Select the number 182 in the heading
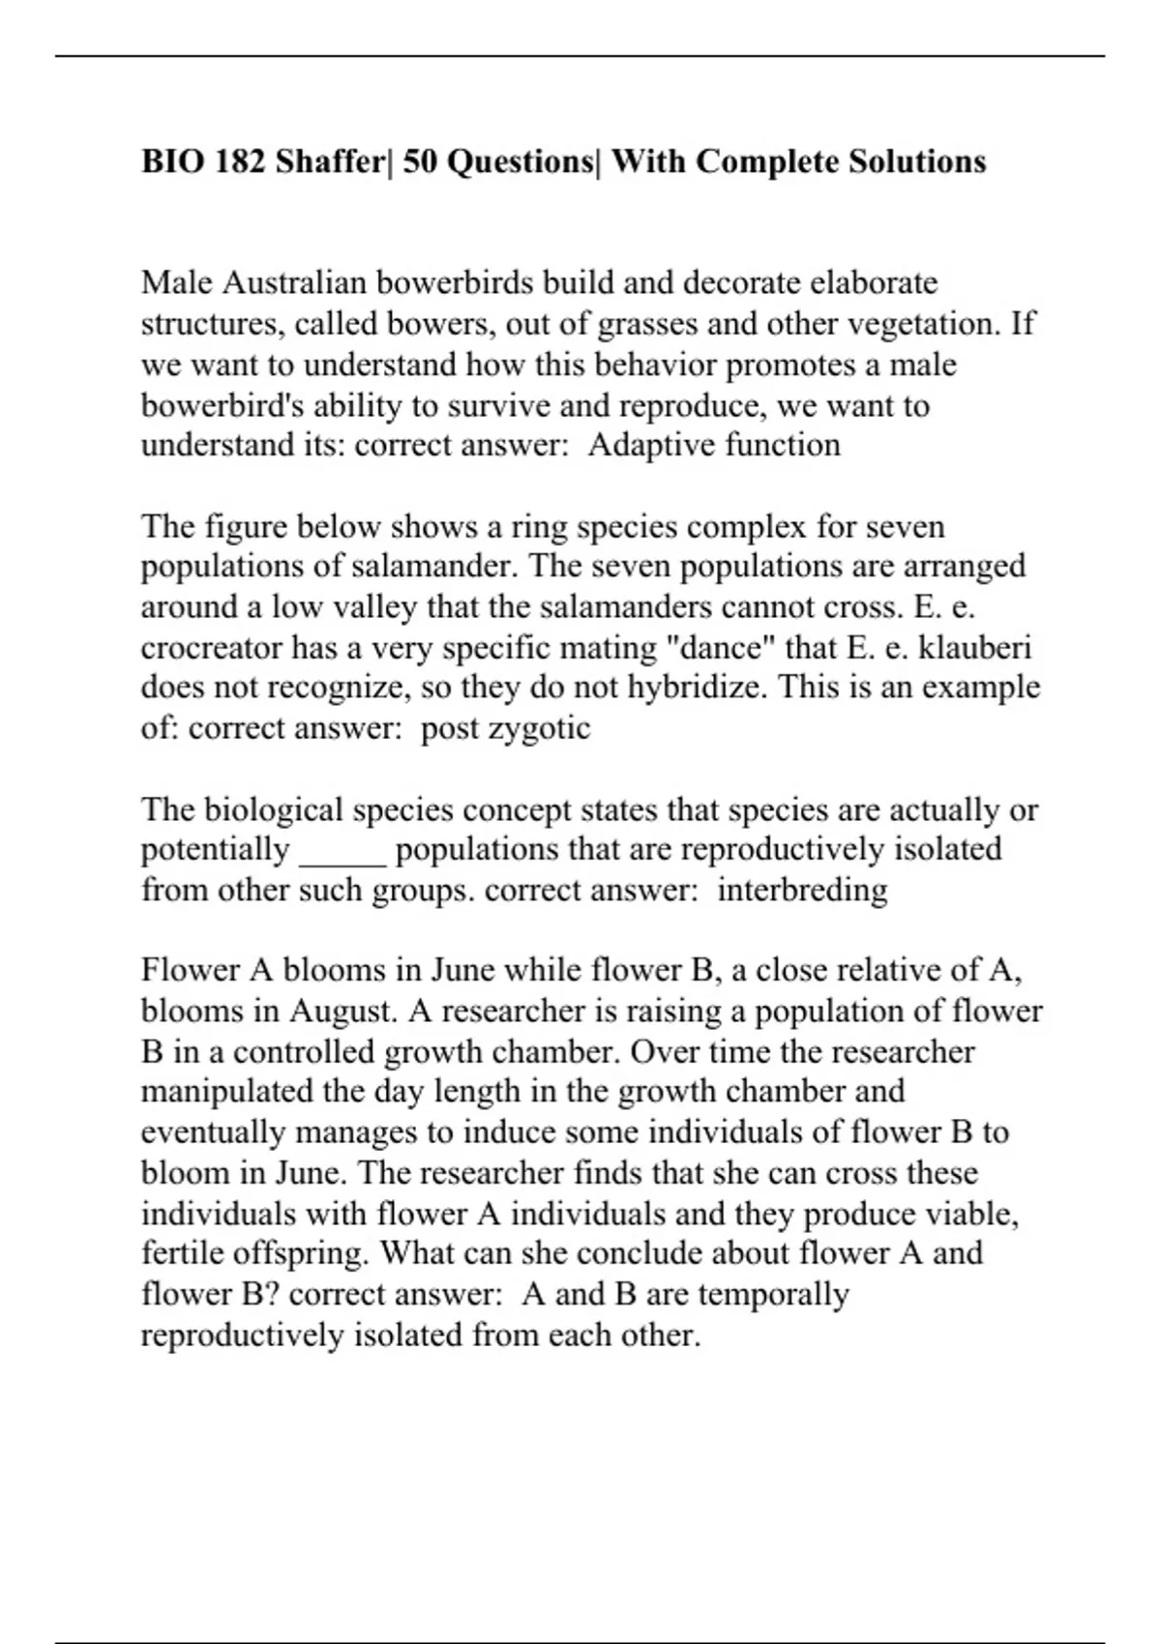(240, 161)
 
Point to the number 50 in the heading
(420, 161)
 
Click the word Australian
(296, 282)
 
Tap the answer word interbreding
(802, 890)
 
